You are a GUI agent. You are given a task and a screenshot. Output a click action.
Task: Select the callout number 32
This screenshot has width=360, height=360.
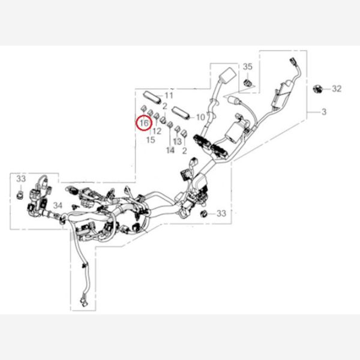tap(336, 89)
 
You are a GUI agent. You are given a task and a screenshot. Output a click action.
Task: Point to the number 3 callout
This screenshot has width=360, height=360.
tap(324, 112)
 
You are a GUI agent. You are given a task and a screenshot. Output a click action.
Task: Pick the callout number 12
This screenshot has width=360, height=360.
tap(157, 131)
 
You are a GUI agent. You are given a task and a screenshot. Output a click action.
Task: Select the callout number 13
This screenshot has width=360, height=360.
tap(177, 142)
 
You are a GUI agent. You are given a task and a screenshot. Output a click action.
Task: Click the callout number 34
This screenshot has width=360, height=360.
tap(58, 206)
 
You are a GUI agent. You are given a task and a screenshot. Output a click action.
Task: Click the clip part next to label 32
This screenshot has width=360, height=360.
tap(318, 89)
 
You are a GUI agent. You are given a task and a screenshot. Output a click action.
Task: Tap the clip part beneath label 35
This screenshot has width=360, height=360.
tap(248, 79)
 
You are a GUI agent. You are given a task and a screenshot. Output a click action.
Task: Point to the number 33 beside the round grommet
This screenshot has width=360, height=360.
tap(221, 213)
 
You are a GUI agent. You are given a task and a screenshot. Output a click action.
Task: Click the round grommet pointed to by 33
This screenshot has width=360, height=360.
tap(204, 214)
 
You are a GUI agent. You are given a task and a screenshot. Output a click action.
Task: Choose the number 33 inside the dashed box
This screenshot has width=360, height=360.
tap(21, 179)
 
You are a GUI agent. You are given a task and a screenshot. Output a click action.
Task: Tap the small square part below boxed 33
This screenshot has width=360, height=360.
tap(20, 195)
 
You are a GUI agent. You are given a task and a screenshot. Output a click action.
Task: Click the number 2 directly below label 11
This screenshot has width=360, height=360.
tap(164, 106)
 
